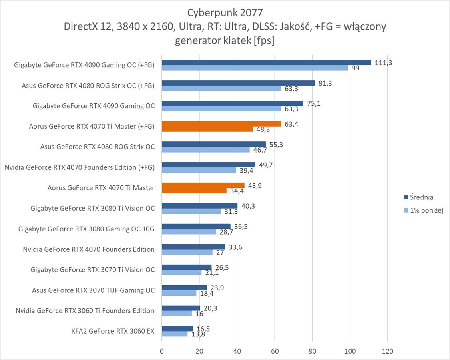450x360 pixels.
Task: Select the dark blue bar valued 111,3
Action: [x=266, y=62]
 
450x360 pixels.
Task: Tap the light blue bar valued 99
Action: [x=255, y=68]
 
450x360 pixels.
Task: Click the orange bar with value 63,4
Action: [x=221, y=124]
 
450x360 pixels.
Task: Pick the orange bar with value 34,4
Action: [x=194, y=191]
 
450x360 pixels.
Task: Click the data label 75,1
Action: [x=313, y=103]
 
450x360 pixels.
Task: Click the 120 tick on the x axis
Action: [x=388, y=351]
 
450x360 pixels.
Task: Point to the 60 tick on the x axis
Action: [x=275, y=351]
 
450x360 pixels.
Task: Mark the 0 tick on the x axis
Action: [x=162, y=351]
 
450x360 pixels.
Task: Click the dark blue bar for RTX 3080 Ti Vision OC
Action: [x=199, y=206]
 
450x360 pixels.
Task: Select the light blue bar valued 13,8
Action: [x=175, y=334]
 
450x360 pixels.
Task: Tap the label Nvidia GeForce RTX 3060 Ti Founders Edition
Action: [x=85, y=310]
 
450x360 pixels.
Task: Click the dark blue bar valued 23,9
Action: [x=184, y=288]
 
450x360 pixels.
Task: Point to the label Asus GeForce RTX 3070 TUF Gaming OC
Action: [x=93, y=290]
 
